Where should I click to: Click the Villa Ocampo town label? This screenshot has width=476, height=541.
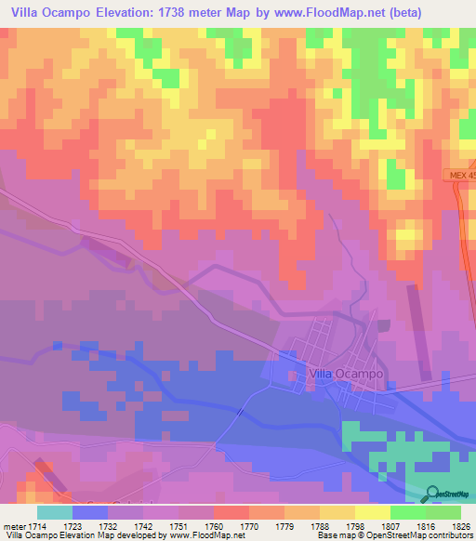(x=344, y=374)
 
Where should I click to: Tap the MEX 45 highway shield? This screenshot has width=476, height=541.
(x=459, y=177)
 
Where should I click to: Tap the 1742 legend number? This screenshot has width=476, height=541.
(x=144, y=525)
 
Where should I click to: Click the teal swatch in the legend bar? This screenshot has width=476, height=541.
(x=55, y=512)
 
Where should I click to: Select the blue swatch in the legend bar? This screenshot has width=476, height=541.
(x=90, y=512)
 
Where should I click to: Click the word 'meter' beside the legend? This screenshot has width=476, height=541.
(x=15, y=525)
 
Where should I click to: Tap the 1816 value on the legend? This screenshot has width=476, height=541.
(x=425, y=525)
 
